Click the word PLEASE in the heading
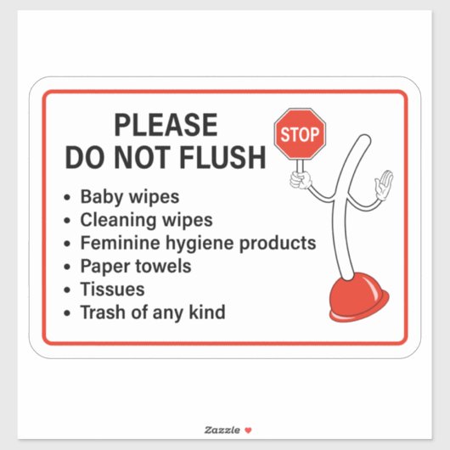[x=166, y=125]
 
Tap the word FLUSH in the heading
[x=222, y=157]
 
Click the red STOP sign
[x=300, y=134]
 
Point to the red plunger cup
[x=359, y=298]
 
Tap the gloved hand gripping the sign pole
[x=301, y=180]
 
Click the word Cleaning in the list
[x=119, y=220]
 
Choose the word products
[x=278, y=244]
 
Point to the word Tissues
[x=112, y=289]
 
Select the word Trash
[x=103, y=312]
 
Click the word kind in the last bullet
[x=207, y=312]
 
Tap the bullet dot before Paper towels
[x=67, y=267]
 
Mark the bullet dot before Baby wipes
[x=67, y=198]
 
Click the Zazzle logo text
[x=222, y=430]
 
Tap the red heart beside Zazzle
[x=248, y=430]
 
